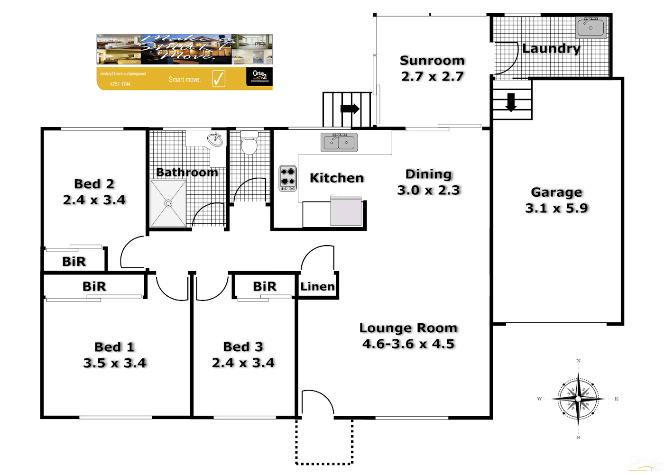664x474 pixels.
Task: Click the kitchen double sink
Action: (x=339, y=142)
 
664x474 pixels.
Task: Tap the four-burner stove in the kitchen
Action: (x=287, y=178)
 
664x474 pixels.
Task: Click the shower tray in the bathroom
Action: (x=168, y=203)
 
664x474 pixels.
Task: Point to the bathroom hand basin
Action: (x=215, y=139)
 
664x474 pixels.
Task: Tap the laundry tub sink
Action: (x=590, y=27)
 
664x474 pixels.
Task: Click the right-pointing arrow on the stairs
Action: (x=350, y=109)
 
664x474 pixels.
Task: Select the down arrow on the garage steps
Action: (x=511, y=102)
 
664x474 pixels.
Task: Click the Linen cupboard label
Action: (x=317, y=286)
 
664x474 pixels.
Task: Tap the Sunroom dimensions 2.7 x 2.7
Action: (x=432, y=76)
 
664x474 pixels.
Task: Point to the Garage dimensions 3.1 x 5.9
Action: (x=556, y=208)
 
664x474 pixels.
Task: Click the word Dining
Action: (x=428, y=174)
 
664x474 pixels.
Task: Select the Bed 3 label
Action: (x=243, y=346)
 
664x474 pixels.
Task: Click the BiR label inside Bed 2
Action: (x=74, y=261)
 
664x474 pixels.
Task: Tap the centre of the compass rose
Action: (x=578, y=399)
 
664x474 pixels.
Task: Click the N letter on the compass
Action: (x=578, y=361)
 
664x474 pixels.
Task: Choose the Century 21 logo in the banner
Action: (x=259, y=76)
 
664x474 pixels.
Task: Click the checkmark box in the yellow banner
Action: (x=219, y=78)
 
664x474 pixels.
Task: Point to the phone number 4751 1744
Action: (x=120, y=84)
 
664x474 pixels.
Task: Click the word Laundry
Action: (x=551, y=48)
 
